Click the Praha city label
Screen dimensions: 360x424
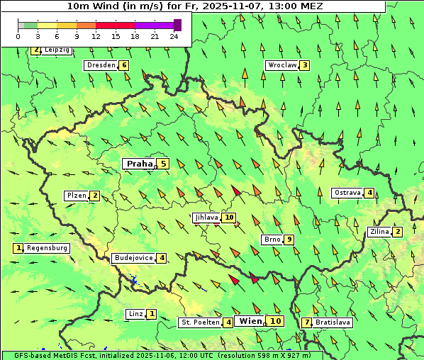[x=139, y=164]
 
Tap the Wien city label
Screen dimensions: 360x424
[x=251, y=321]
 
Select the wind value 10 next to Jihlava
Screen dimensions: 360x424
[x=229, y=218]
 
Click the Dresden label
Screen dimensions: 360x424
[x=101, y=65]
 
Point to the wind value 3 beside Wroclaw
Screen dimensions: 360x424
[x=304, y=65]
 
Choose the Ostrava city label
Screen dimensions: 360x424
[x=347, y=193]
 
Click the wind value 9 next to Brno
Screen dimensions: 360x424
[x=289, y=240]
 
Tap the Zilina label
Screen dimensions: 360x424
[x=379, y=232]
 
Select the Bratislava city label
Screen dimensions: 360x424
[x=333, y=322]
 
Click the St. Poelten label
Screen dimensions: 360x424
[x=199, y=322]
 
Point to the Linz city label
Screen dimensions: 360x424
[x=135, y=314]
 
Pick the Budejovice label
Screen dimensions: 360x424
[x=133, y=258]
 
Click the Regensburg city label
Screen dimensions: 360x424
[x=48, y=248]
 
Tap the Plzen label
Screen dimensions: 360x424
[x=76, y=196]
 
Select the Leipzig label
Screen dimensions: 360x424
[x=57, y=50]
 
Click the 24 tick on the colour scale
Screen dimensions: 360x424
[x=174, y=36]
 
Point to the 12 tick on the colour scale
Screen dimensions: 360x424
[x=96, y=36]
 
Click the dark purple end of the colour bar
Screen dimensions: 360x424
[x=177, y=25]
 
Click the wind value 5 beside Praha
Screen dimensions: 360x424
[x=164, y=164]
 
